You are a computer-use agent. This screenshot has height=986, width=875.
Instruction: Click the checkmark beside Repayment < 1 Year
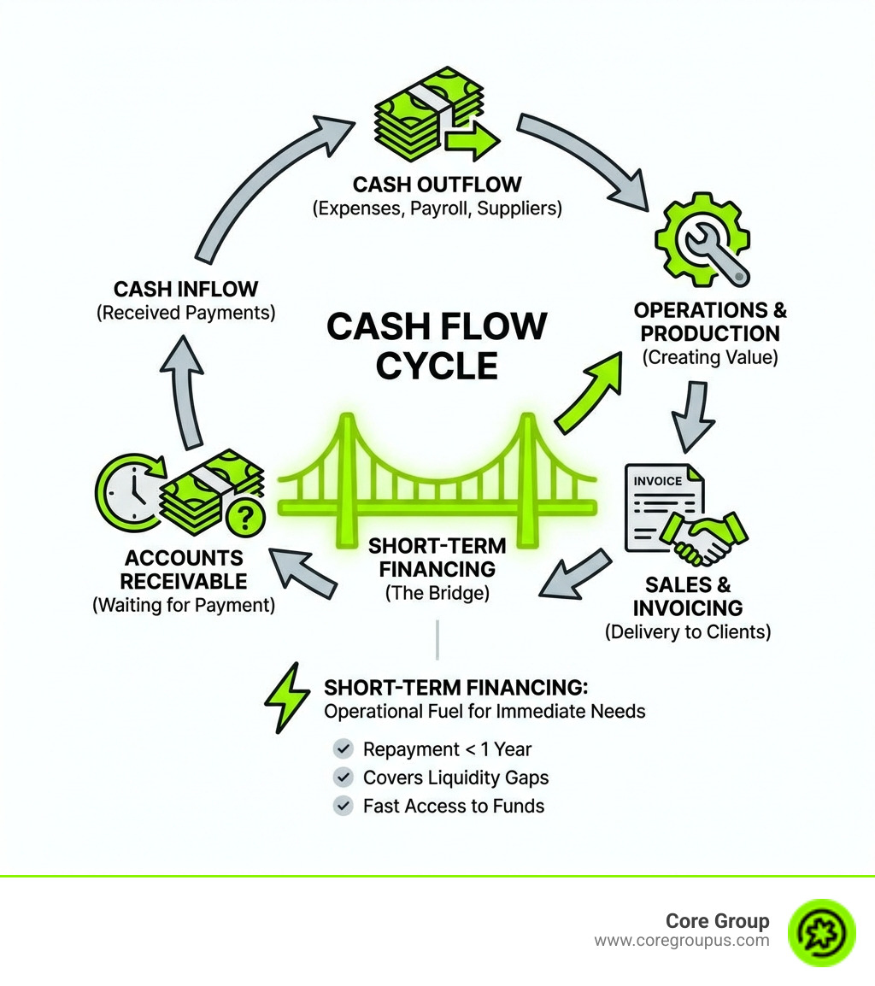[343, 749]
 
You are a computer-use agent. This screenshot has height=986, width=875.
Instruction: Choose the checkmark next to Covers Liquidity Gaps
[343, 778]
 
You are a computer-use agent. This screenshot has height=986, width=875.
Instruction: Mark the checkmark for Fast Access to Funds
[343, 805]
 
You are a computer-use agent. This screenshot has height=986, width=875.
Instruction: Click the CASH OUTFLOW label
[437, 185]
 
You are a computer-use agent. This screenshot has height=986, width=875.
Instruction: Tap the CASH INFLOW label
[185, 289]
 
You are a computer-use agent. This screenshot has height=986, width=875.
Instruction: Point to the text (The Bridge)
[437, 592]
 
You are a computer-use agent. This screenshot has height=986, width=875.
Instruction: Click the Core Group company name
[717, 921]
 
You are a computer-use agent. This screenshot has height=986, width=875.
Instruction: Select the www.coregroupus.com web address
[681, 941]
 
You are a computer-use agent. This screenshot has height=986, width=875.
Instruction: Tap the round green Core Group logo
[821, 931]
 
